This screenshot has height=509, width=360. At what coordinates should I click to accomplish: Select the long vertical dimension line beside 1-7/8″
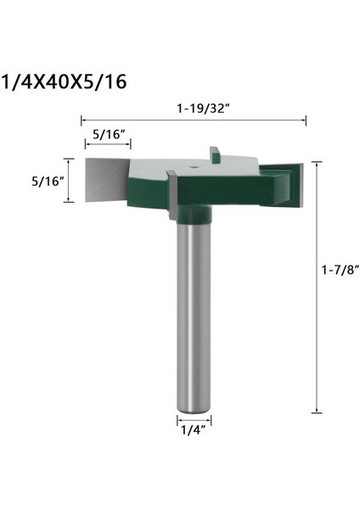(317, 284)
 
